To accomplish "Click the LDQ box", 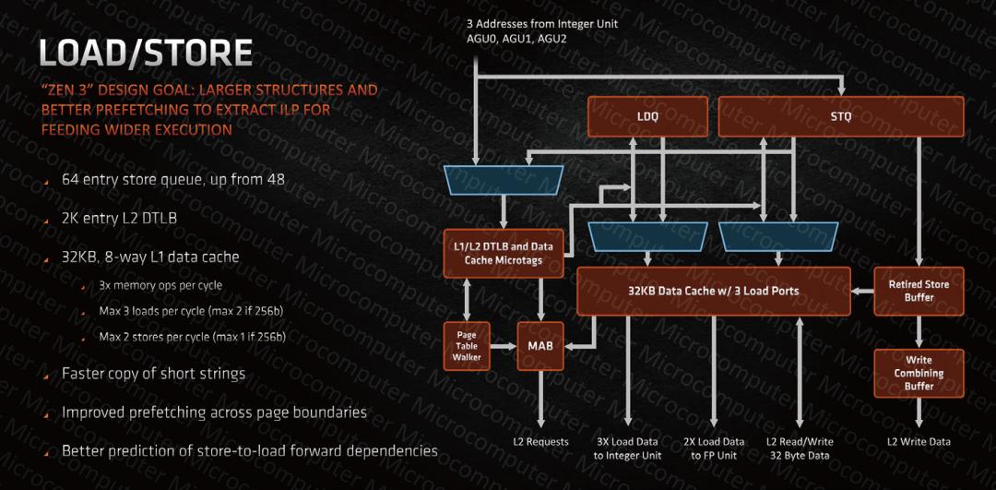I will tap(647, 117).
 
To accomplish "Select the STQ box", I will tap(840, 117).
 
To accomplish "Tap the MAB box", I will tap(539, 345).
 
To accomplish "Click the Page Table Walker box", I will tap(467, 345).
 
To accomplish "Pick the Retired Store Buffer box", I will tap(918, 291).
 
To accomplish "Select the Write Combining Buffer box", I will tap(918, 373).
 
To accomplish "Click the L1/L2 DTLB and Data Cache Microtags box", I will tap(503, 253).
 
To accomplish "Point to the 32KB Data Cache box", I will tap(713, 291).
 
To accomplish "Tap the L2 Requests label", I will tap(540, 442).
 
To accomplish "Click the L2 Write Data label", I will tap(919, 442).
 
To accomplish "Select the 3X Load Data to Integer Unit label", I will tap(627, 448).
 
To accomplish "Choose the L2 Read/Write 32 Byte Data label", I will tap(798, 448).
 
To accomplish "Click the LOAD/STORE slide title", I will tap(146, 52).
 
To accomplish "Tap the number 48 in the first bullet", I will tap(276, 179).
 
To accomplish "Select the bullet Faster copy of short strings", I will tap(153, 374).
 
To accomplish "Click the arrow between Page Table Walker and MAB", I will tap(504, 346).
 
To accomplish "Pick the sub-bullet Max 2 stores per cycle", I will tap(192, 337).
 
